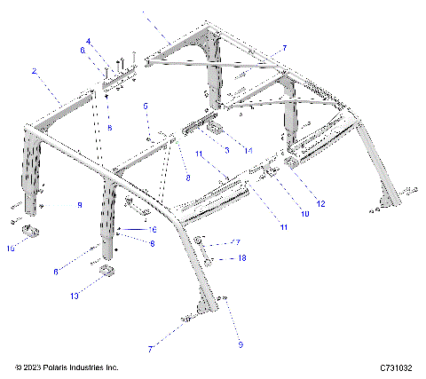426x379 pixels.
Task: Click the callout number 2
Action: click(34, 70)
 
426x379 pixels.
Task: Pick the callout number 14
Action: click(248, 152)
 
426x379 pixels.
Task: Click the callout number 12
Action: click(321, 204)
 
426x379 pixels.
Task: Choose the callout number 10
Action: click(304, 214)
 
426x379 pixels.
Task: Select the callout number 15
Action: click(12, 249)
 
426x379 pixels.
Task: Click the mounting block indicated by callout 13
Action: click(106, 272)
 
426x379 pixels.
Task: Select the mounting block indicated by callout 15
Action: click(35, 233)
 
